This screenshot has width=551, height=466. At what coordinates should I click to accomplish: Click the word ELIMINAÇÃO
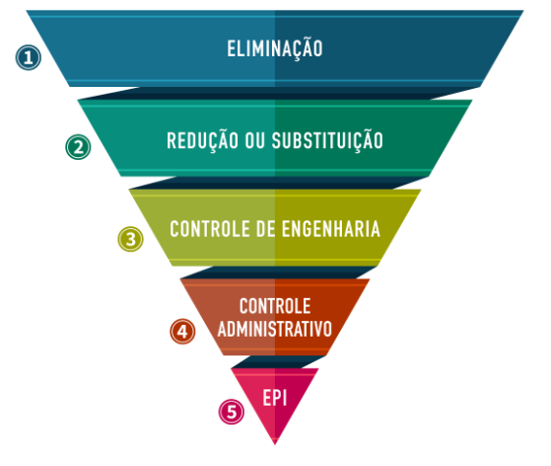275,49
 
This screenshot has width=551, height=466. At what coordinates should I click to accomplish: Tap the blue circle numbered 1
29,57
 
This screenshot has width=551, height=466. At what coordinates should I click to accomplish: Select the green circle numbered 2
78,147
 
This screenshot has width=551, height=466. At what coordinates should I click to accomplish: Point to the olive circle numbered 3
130,239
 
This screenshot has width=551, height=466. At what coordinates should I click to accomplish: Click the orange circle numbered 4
182,331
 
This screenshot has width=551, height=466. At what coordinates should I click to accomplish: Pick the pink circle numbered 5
232,412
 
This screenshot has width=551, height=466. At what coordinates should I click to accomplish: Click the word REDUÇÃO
203,141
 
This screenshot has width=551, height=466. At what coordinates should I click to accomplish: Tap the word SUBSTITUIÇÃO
327,141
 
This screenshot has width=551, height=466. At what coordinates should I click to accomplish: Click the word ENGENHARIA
331,229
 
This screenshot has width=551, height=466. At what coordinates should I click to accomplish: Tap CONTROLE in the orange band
275,306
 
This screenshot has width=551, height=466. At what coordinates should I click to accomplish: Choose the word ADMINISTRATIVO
275,329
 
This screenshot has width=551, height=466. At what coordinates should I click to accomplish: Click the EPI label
275,398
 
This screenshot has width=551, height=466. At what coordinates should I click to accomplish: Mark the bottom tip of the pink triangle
275,444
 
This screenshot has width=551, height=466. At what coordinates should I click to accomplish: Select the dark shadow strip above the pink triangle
278,361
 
